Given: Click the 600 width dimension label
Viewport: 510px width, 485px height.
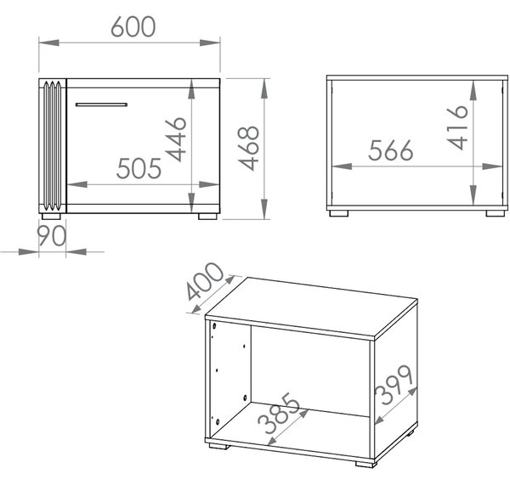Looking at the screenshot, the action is pos(133,26).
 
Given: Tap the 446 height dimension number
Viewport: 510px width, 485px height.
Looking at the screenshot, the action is pos(176,139).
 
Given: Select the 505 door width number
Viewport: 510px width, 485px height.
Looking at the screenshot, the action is pos(139,168).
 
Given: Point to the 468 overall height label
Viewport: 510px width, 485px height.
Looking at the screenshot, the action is pos(248,149).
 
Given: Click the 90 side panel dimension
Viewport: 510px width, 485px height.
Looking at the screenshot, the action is pos(51,235).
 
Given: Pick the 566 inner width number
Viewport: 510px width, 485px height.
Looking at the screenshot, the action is pos(391,150).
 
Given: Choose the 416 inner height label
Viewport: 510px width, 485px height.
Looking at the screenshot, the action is pos(457,127).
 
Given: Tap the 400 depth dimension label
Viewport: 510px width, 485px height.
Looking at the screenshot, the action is pos(205,281).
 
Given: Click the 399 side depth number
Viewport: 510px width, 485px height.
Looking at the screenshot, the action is pos(394,386).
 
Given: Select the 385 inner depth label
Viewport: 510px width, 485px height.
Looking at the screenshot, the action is pos(279,414).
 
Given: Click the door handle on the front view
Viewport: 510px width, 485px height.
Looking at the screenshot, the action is pos(101,104).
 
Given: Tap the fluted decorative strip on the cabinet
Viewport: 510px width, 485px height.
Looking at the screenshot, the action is pos(53,145).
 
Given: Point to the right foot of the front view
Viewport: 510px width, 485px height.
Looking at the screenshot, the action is pos(208,217).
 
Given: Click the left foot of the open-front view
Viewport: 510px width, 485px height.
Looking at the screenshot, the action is pos(338,213).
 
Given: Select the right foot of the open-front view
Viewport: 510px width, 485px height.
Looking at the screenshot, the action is pos(496,213).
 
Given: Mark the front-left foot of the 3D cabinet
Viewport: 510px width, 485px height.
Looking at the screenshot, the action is pos(218,446).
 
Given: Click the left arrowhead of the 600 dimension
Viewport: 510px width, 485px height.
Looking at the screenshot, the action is pos(48,42).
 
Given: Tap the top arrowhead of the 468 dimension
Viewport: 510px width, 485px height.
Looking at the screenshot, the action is pos(264,88).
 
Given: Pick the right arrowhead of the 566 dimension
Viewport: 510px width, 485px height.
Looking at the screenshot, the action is pos(493,166).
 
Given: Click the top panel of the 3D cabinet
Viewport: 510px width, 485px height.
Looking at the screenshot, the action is pos(311,307).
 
